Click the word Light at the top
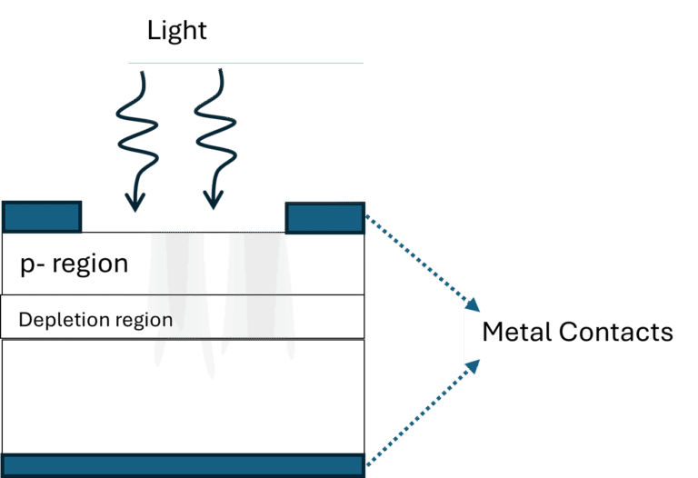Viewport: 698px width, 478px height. (x=177, y=31)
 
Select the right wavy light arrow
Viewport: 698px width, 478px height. (x=214, y=136)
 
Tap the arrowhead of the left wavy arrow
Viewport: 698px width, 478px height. (x=135, y=202)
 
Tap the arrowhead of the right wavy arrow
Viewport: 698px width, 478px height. (x=214, y=202)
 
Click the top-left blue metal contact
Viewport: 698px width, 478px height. (x=42, y=217)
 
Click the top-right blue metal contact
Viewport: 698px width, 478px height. (x=325, y=217)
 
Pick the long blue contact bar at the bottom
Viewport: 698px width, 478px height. (x=182, y=464)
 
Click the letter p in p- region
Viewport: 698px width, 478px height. (x=26, y=265)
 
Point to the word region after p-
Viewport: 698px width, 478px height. (x=90, y=264)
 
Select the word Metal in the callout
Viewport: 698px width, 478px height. (x=516, y=332)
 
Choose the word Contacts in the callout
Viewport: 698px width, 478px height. (x=615, y=332)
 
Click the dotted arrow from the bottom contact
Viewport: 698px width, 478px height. (x=418, y=414)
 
